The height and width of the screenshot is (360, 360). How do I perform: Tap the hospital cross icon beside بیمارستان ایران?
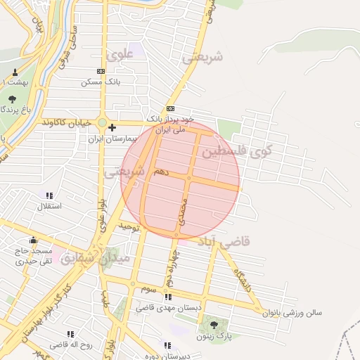click(112, 127)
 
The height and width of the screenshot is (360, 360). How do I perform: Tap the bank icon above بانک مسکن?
click(101, 71)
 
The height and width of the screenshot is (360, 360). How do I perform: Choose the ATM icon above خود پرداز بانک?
click(170, 108)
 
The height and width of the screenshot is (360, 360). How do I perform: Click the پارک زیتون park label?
click(215, 336)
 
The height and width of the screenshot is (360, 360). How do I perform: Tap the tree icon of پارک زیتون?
click(214, 324)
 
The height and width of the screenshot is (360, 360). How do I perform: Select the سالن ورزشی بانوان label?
click(292, 313)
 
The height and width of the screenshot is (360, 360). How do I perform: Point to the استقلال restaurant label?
click(49, 207)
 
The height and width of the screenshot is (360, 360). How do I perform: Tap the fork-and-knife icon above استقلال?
click(49, 195)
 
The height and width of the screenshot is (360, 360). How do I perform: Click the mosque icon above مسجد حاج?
click(33, 240)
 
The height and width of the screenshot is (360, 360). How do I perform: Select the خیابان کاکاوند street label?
click(66, 122)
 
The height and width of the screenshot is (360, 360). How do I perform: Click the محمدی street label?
click(183, 212)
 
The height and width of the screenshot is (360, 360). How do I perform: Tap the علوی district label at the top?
click(117, 54)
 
